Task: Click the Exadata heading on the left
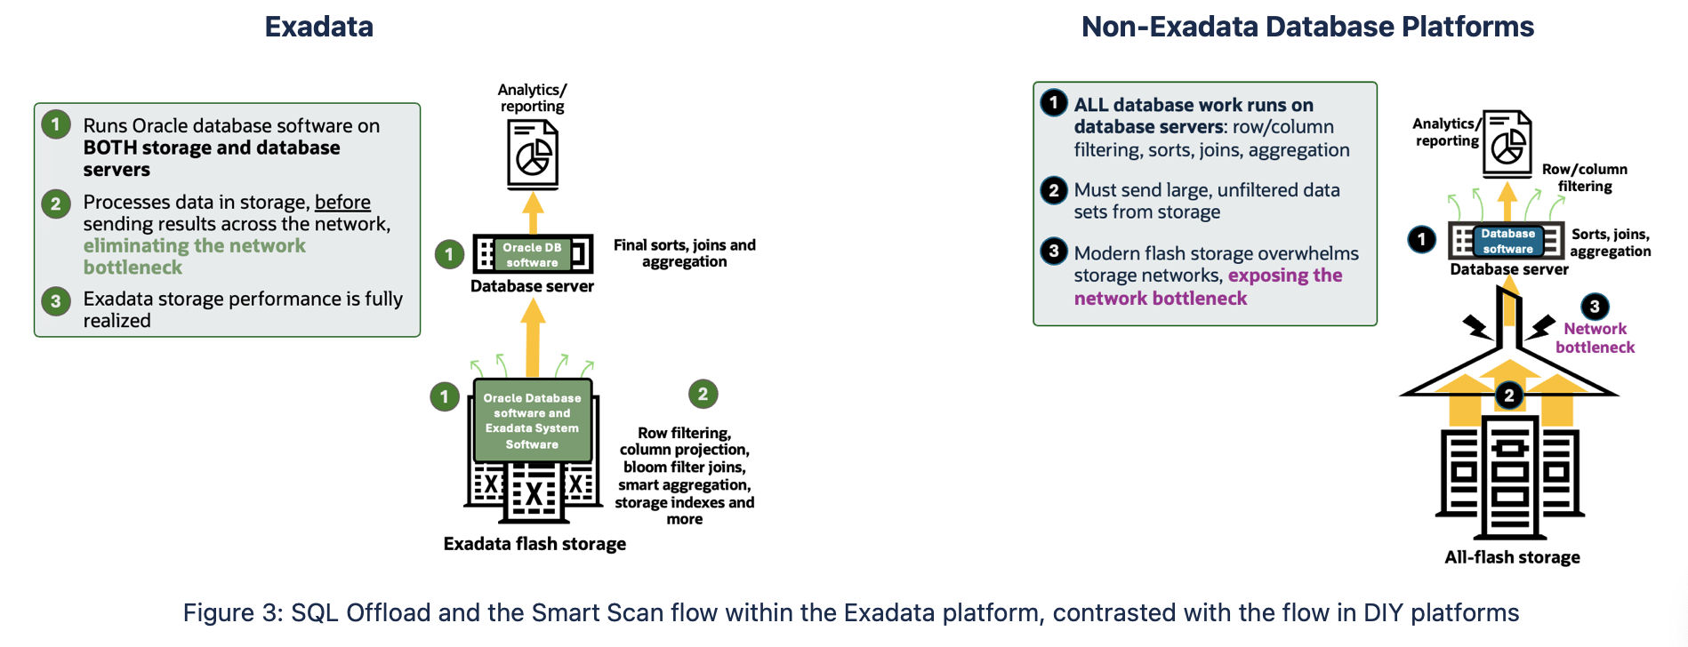point(318,27)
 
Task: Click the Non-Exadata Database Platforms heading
point(1306,27)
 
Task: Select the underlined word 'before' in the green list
point(342,202)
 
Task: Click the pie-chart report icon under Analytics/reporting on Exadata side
point(532,155)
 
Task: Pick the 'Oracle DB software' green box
point(532,254)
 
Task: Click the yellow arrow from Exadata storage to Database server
point(532,338)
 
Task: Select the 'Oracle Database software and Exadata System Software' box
point(532,420)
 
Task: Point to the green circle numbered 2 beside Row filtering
point(703,394)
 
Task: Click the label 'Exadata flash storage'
point(535,544)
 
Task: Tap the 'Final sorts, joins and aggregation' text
point(684,252)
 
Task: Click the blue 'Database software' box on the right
point(1507,241)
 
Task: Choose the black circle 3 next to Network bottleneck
point(1594,307)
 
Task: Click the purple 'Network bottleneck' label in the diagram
point(1595,338)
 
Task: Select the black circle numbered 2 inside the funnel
point(1508,395)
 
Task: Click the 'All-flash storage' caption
point(1512,557)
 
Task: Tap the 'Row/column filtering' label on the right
point(1584,177)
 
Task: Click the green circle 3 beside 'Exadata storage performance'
point(56,300)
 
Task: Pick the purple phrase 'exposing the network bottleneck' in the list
point(1284,276)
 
